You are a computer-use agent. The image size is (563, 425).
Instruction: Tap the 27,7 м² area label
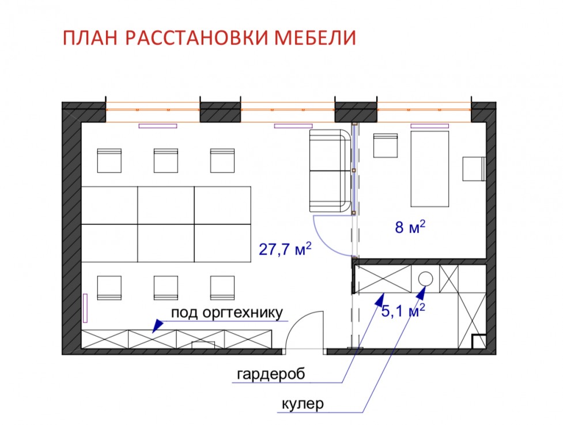[x=285, y=249]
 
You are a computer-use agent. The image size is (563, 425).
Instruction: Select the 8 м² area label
[x=410, y=227]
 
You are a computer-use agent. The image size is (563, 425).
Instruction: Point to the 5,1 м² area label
[x=403, y=311]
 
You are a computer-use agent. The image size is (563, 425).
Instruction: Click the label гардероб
[x=271, y=374]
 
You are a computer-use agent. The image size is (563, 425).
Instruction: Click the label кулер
[x=303, y=404]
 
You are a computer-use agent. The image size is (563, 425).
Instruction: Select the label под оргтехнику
[x=227, y=313]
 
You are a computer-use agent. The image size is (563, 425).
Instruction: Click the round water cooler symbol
[x=425, y=279]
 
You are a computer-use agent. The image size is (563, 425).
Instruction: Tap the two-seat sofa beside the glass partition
[x=330, y=171]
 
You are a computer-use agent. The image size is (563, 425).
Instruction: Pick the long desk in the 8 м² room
[x=430, y=169]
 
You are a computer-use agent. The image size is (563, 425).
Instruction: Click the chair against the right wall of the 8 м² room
[x=474, y=169]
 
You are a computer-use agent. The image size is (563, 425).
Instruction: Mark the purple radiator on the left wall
[x=85, y=308]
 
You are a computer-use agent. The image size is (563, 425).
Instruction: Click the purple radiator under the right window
[x=430, y=126]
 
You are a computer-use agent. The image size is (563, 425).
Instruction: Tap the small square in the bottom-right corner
[x=479, y=341]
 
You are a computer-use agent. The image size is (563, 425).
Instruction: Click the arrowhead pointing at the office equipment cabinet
[x=157, y=326]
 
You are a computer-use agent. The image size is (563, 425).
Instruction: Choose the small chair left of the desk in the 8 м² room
[x=386, y=145]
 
